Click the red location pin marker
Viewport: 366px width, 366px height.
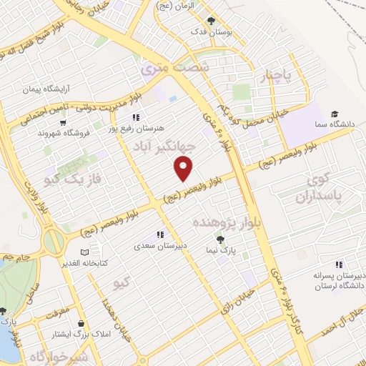click(184, 169)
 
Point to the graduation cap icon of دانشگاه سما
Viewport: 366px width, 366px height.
click(334, 114)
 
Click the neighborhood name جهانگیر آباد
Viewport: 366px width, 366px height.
click(164, 147)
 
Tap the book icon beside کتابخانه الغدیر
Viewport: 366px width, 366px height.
click(85, 252)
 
